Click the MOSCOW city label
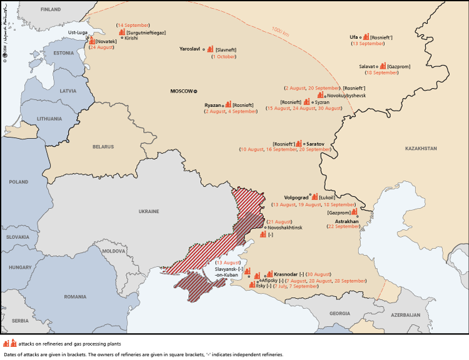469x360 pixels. [x=182, y=91]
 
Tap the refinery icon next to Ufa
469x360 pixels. [x=366, y=37]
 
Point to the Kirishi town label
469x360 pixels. [x=131, y=38]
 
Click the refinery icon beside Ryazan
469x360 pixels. [x=228, y=104]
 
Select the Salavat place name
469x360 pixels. [x=367, y=66]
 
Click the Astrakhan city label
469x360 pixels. [x=347, y=221]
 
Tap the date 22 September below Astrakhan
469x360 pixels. [x=344, y=227]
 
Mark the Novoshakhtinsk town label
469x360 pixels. [x=285, y=228]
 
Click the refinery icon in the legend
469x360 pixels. [x=9, y=343]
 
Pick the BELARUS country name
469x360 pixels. [x=104, y=147]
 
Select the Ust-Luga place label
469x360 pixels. [x=78, y=32]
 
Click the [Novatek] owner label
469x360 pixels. [x=106, y=41]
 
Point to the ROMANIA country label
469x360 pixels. [x=75, y=296]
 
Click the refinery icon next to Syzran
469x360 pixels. [x=306, y=101]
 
